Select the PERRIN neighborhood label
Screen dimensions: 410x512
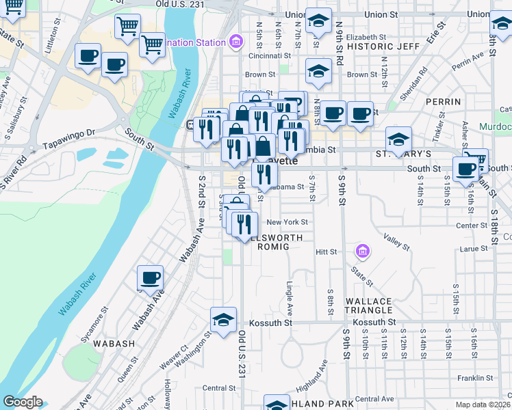(x=443, y=102)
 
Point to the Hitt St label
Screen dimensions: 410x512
(x=327, y=252)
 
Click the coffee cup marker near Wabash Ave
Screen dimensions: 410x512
(x=150, y=277)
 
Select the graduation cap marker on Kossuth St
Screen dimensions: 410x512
(x=223, y=319)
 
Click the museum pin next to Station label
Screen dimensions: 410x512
(x=236, y=42)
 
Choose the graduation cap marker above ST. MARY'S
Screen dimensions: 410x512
(x=398, y=139)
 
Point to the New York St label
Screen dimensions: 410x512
(x=287, y=222)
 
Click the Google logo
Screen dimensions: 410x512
(x=23, y=402)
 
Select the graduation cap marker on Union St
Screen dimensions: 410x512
(x=318, y=20)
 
